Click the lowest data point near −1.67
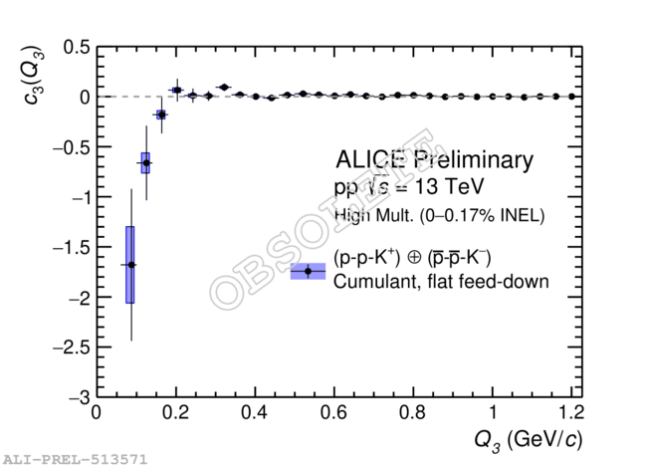tap(130, 264)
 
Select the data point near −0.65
tap(145, 162)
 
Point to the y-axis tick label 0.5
tap(76, 47)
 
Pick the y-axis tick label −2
tap(74, 298)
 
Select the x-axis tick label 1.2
tap(570, 413)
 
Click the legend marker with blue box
tap(308, 271)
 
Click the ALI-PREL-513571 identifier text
tap(75, 459)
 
